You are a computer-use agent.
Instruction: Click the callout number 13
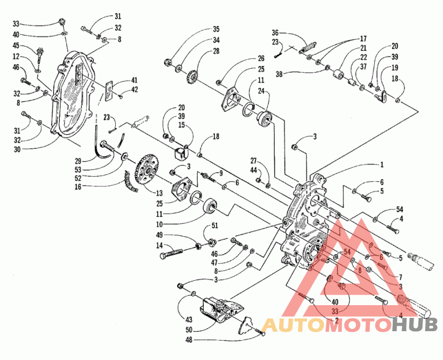pyautogui.click(x=159, y=193)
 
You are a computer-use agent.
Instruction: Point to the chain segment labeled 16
pyautogui.click(x=131, y=182)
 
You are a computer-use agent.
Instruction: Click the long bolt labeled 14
pyautogui.click(x=171, y=252)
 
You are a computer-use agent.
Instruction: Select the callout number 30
pyautogui.click(x=17, y=149)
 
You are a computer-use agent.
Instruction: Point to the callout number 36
pyautogui.click(x=275, y=33)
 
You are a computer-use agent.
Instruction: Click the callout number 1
pyautogui.click(x=382, y=164)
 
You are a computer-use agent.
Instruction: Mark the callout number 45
pyautogui.click(x=16, y=45)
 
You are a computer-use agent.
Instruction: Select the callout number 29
pyautogui.click(x=78, y=161)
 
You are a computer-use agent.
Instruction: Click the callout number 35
pyautogui.click(x=216, y=29)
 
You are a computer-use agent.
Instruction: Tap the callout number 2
pyautogui.click(x=336, y=321)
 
